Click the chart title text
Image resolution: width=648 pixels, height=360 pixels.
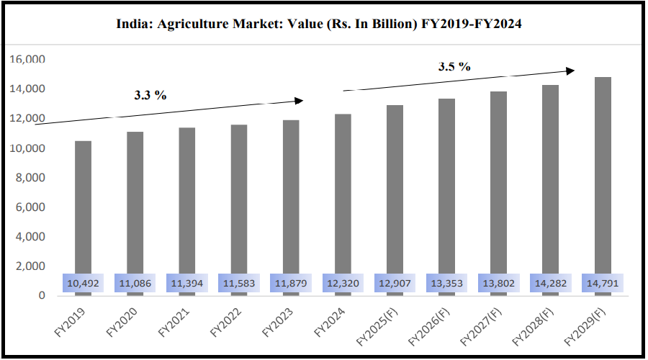point(319,24)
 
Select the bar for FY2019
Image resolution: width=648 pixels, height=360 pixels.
point(83,209)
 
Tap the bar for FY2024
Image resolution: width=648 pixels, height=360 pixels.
point(342,194)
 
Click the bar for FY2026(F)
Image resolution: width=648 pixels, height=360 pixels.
point(446,187)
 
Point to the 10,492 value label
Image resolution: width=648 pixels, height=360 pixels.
point(83,284)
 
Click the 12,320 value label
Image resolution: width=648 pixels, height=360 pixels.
point(342,284)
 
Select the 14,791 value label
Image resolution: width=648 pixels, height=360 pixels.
point(603,284)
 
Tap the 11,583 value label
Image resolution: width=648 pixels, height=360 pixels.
point(238,284)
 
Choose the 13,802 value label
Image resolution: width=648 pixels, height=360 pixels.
point(498,284)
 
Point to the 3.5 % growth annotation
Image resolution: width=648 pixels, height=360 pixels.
point(454,67)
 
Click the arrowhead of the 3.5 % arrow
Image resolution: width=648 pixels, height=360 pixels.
point(571,70)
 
